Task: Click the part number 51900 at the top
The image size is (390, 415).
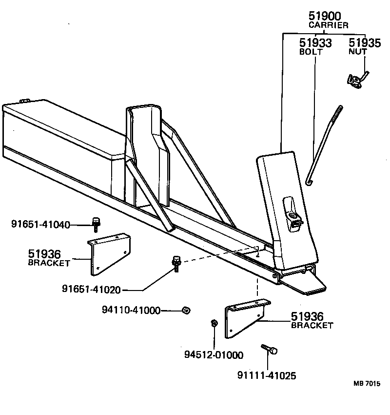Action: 328,17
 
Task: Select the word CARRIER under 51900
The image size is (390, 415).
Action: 328,25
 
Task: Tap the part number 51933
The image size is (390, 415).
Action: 315,43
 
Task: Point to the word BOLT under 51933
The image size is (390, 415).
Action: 308,51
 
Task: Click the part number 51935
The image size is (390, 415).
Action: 365,43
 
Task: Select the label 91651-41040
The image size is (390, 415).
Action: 40,225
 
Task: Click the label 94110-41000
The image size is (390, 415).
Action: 131,310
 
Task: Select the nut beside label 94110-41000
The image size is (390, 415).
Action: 185,310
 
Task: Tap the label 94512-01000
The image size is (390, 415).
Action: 214,355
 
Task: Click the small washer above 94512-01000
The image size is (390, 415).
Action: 214,323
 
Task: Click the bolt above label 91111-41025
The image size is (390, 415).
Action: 269,349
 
